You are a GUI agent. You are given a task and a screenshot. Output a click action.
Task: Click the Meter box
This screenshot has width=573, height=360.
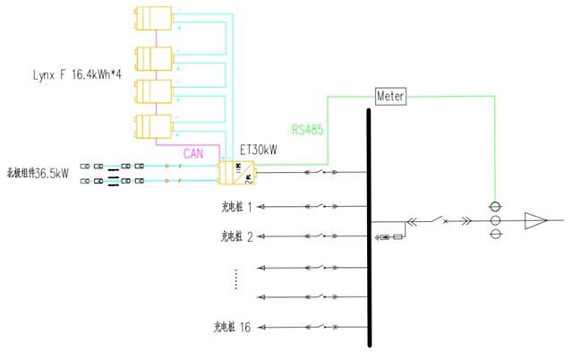point(390,95)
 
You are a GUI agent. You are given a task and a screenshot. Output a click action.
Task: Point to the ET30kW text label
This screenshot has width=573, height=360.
point(259,150)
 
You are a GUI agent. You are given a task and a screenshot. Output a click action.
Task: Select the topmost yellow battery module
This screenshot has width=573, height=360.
point(153,20)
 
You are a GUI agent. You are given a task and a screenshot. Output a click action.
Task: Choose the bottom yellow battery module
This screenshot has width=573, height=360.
point(153,126)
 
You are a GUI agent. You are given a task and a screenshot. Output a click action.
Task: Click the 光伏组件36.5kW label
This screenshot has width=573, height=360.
point(38,173)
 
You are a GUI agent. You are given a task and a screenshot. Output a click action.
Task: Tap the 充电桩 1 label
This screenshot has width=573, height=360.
point(236,207)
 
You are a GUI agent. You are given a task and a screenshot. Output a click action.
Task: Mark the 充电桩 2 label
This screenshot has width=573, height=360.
point(236,236)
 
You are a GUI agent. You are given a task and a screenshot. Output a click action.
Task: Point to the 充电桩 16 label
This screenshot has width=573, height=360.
point(233,327)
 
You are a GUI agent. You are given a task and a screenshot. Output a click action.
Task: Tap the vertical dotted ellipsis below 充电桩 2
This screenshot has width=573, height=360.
point(235,279)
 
